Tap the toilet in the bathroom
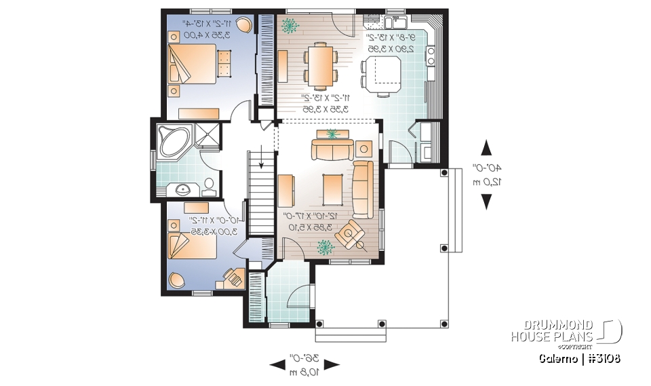pyautogui.click(x=209, y=186)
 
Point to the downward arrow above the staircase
pyautogui.click(x=260, y=161)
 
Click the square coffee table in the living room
pyautogui.click(x=332, y=188)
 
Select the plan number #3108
pyautogui.click(x=601, y=358)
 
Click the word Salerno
pyautogui.click(x=559, y=358)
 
